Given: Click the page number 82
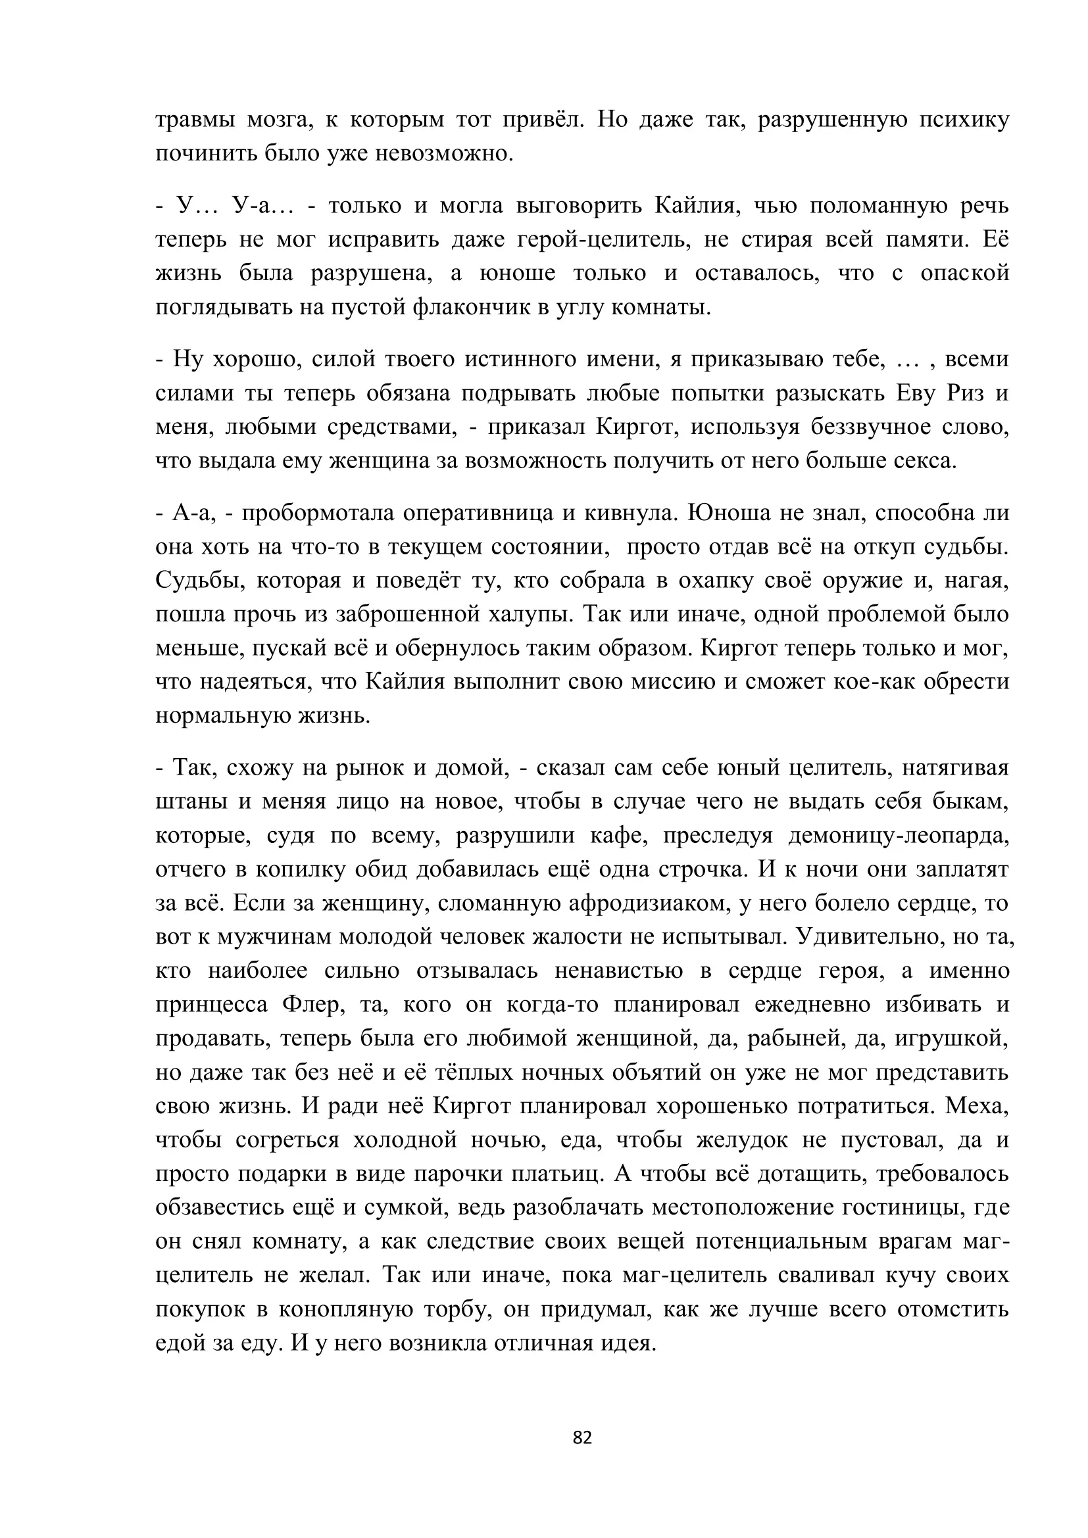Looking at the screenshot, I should pos(582,1437).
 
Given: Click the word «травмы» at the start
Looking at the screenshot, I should pos(195,120).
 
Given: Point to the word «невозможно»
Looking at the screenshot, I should pos(443,154).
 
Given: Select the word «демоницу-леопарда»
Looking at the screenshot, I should pos(897,835).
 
